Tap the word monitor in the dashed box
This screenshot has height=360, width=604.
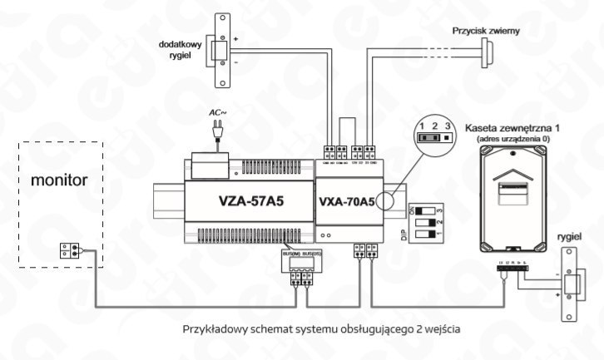pos(57,180)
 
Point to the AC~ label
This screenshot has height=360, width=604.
pos(216,111)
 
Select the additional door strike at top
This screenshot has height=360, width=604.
pos(223,51)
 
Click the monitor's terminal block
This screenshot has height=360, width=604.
pos(69,248)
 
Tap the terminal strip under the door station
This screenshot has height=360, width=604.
pos(508,266)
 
